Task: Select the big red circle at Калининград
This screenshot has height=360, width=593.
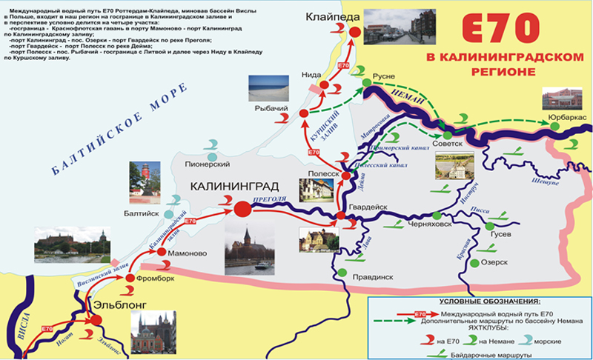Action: (242, 210)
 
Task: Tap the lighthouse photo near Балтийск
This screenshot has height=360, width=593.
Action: (145, 180)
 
